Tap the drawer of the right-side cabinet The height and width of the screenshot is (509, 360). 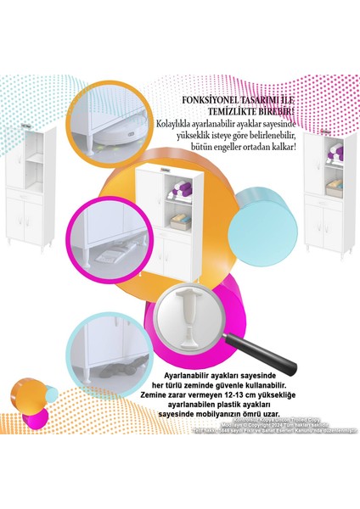(x=323, y=204)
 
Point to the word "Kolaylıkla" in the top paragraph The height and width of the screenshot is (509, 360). (x=175, y=124)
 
